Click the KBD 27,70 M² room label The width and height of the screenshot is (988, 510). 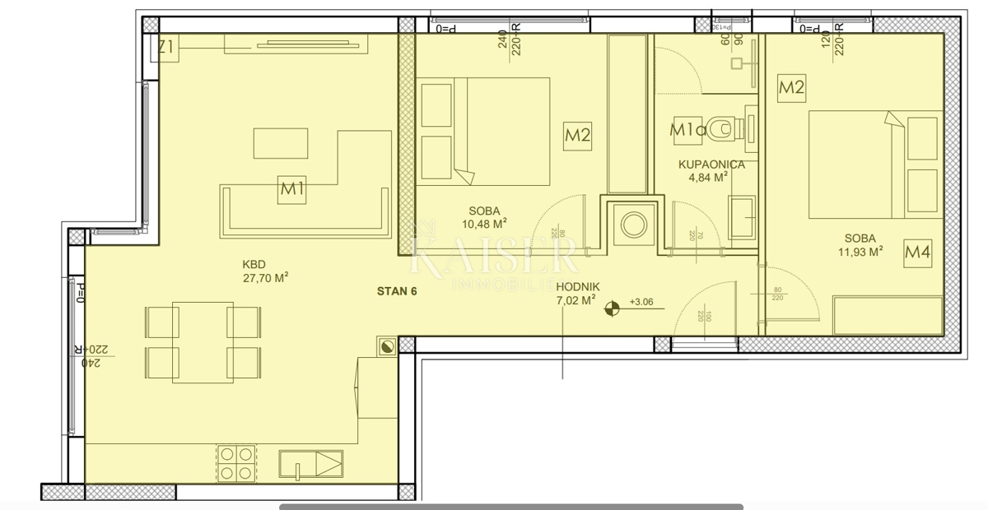[x=264, y=271]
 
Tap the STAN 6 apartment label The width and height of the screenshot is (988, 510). [x=398, y=290]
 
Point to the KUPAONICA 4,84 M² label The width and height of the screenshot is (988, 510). [x=711, y=170]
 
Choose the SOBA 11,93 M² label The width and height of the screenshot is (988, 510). [x=860, y=244]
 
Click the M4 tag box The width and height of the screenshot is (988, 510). [x=917, y=253]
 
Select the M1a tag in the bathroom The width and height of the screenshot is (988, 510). [x=687, y=129]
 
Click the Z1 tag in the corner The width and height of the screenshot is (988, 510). [x=166, y=49]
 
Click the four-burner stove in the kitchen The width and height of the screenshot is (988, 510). [x=237, y=461]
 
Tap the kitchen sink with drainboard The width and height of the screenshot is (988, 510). [x=310, y=463]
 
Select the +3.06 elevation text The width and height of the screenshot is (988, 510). [x=641, y=302]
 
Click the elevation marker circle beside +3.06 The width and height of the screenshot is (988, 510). [x=611, y=309]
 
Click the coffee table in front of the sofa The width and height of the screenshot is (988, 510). [x=281, y=143]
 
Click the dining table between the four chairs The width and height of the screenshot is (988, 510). [x=203, y=338]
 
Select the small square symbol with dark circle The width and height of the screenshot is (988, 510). [x=387, y=346]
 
